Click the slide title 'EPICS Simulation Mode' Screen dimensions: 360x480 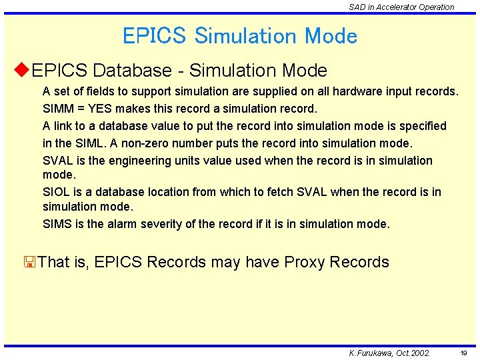(x=240, y=35)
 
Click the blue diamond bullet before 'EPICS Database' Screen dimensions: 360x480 (x=21, y=69)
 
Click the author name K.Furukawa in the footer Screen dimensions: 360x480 (x=371, y=353)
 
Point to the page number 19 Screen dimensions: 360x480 (x=463, y=353)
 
